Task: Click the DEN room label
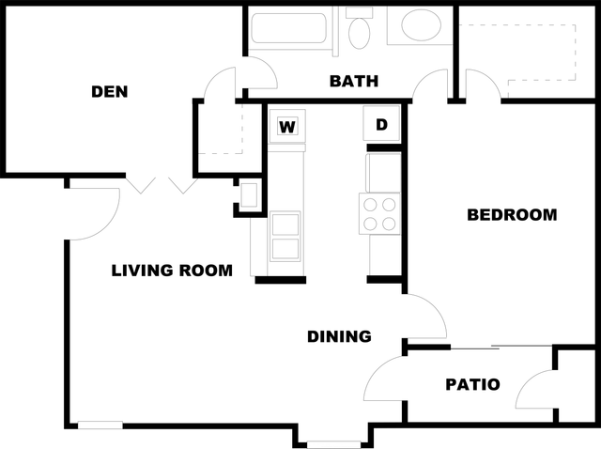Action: click(110, 92)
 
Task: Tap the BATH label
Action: click(354, 82)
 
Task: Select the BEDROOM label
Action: click(512, 215)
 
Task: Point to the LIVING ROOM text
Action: click(172, 271)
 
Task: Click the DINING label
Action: click(339, 336)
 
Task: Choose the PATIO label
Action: click(472, 384)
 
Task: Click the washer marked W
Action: click(287, 126)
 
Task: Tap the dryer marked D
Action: click(381, 123)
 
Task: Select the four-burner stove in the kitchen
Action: click(379, 213)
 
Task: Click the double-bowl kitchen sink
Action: click(285, 237)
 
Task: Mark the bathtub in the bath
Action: click(288, 28)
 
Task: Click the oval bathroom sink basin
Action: click(421, 24)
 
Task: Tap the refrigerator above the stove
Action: click(384, 173)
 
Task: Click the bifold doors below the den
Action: click(162, 185)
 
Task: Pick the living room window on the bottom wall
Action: click(100, 425)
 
